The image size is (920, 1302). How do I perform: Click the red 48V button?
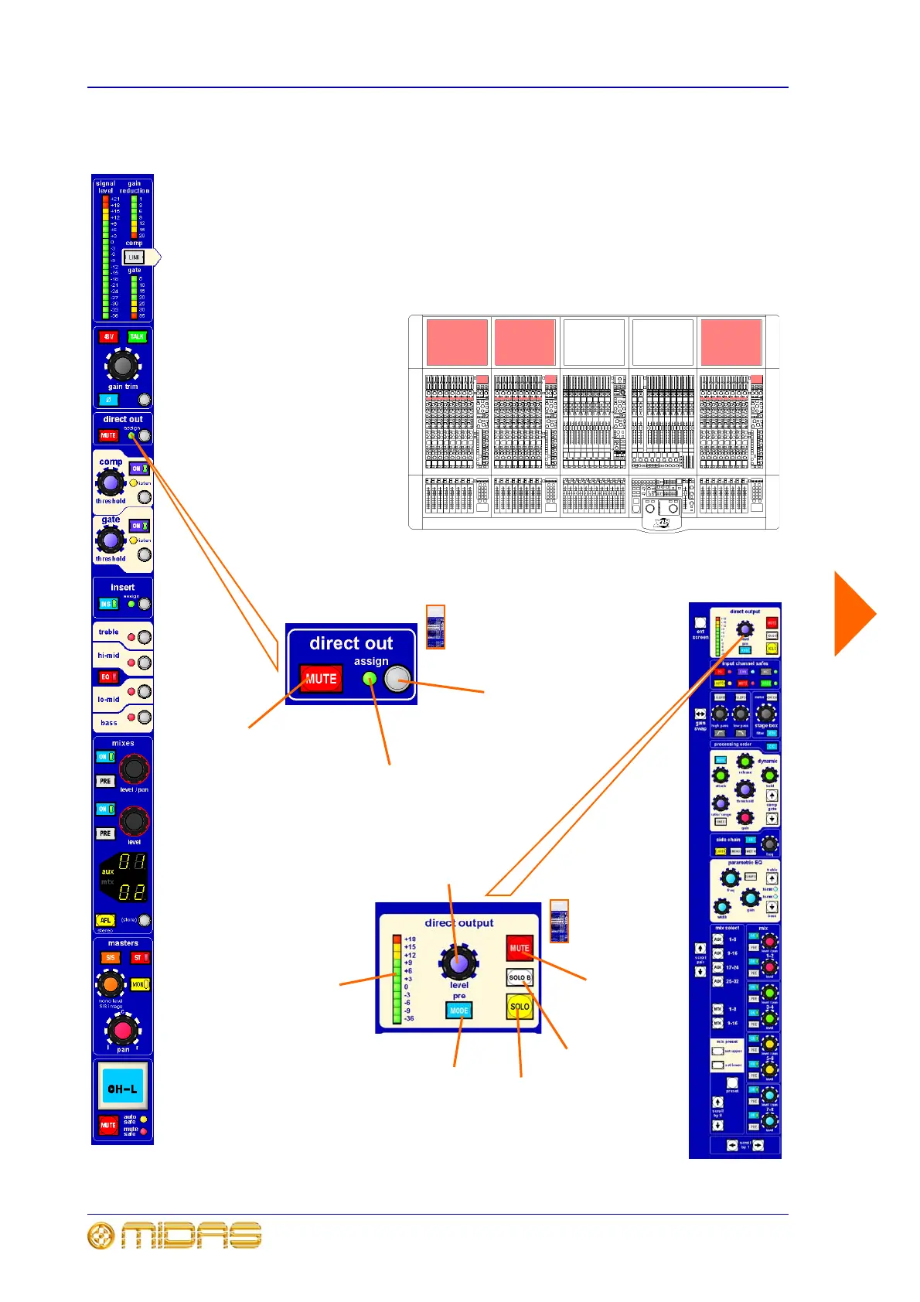[108, 337]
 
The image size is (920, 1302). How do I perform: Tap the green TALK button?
[137, 337]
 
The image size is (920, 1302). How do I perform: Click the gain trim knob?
[122, 365]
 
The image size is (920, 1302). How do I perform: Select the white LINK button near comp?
[134, 257]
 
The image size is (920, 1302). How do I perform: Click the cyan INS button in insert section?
[107, 604]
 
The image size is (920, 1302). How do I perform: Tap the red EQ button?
[107, 677]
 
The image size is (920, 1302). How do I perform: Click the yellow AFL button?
[105, 920]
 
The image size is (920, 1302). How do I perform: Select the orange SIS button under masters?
[111, 958]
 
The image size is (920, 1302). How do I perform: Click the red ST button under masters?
[139, 958]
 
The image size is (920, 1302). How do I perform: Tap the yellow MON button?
[139, 984]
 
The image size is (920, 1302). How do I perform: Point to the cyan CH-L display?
[122, 1089]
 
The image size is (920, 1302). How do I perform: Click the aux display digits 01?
[131, 862]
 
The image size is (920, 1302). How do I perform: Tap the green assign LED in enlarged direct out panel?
[370, 679]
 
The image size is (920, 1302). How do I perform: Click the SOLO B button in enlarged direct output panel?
[520, 978]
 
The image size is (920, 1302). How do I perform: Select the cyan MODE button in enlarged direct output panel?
[459, 1011]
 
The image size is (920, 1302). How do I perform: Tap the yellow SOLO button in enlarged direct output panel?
[520, 1007]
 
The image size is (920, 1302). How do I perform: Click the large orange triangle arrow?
[854, 615]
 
